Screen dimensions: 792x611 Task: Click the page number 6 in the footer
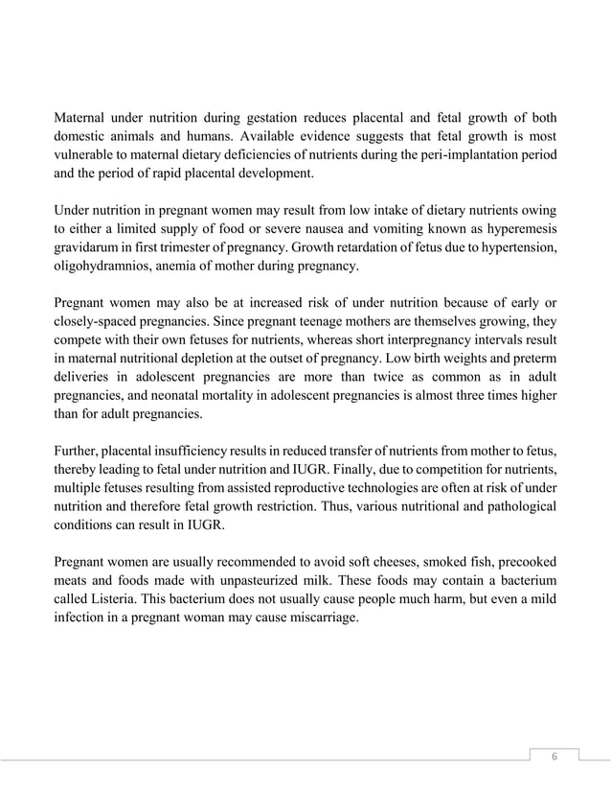pyautogui.click(x=552, y=757)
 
